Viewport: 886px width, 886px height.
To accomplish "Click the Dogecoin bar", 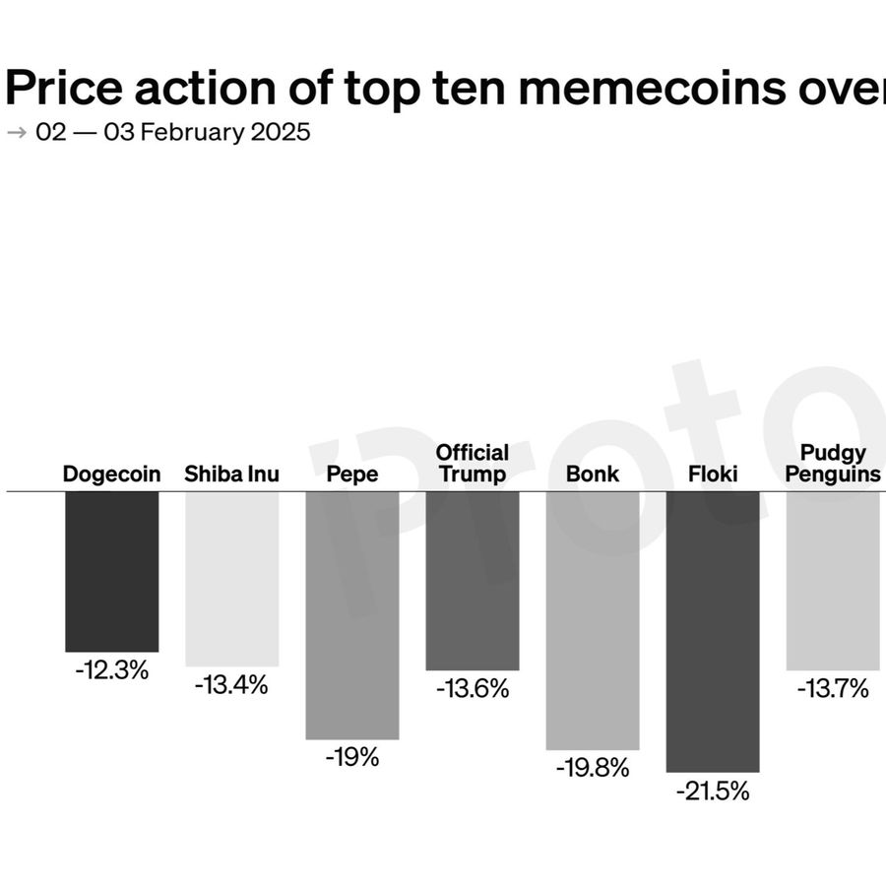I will pyautogui.click(x=111, y=571).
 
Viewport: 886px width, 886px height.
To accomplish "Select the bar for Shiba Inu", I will pyautogui.click(x=231, y=579).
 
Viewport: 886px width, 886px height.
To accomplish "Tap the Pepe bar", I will pyautogui.click(x=351, y=614).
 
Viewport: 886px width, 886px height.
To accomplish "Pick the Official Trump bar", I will pyautogui.click(x=472, y=581).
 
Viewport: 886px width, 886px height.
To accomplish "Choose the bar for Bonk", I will pyautogui.click(x=592, y=620).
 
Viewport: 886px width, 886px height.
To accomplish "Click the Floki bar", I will pyautogui.click(x=712, y=631).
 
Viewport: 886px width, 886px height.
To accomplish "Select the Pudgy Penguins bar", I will pyautogui.click(x=832, y=581).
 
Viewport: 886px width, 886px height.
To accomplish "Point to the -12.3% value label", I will pyautogui.click(x=111, y=671).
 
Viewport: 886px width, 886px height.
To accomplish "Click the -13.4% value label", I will pyautogui.click(x=231, y=685).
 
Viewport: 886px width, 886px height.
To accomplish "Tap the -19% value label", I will pyautogui.click(x=351, y=758).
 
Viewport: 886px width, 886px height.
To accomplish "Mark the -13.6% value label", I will pyautogui.click(x=473, y=689).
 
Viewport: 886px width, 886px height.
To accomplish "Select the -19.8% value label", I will pyautogui.click(x=592, y=769).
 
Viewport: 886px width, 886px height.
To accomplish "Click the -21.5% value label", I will pyautogui.click(x=712, y=791).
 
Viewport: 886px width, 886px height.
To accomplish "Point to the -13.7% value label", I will pyautogui.click(x=833, y=689).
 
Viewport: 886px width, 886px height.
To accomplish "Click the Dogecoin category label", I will pyautogui.click(x=111, y=475).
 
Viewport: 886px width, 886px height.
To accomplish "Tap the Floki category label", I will pyautogui.click(x=713, y=475).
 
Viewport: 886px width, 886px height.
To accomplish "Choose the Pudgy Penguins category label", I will pyautogui.click(x=833, y=464).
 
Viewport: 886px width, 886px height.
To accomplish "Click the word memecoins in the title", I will pyautogui.click(x=651, y=89).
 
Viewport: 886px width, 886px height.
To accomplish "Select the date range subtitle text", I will pyautogui.click(x=173, y=132).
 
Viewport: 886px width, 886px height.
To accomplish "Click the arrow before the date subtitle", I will pyautogui.click(x=17, y=132).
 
